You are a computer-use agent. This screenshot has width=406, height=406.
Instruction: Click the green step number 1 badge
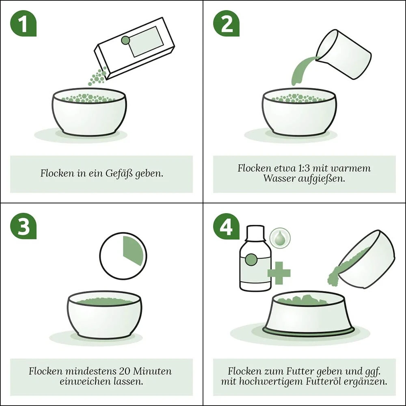(23, 23)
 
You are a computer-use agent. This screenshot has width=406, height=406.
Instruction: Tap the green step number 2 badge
(226, 23)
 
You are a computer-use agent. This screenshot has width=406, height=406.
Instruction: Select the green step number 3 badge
(23, 226)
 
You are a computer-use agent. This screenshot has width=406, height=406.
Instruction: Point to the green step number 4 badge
(226, 226)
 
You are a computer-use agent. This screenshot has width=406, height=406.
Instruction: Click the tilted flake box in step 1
(134, 48)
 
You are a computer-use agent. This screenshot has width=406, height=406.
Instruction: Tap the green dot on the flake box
(125, 40)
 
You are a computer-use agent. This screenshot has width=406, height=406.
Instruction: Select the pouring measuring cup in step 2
(343, 54)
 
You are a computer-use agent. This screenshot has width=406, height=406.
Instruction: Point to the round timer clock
(123, 255)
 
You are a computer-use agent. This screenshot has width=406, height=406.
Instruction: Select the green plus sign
(279, 273)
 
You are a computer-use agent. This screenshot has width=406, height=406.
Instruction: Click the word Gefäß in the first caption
(119, 173)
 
